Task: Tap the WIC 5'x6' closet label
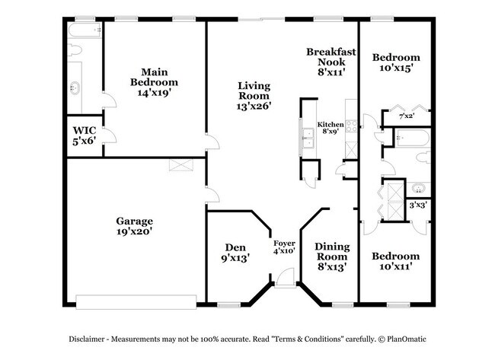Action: point(84,135)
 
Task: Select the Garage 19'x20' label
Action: point(134,226)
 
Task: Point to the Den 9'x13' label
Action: point(235,252)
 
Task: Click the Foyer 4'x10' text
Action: point(285,247)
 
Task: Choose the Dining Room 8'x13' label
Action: point(333,256)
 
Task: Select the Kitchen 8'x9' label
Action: point(331,127)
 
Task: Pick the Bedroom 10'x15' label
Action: point(395,62)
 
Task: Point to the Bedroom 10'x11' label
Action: point(395,261)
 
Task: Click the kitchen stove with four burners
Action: point(351,125)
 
